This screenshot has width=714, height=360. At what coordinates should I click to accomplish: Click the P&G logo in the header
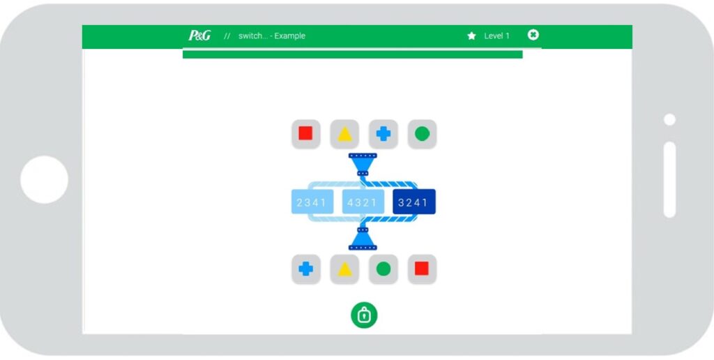point(199,36)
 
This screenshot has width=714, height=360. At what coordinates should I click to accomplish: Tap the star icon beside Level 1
point(471,36)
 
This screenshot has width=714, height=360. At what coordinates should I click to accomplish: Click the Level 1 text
point(496,36)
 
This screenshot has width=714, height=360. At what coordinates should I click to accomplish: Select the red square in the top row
point(305,133)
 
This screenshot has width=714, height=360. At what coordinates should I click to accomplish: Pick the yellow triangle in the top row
point(344,134)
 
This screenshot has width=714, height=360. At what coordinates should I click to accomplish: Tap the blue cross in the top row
point(383,134)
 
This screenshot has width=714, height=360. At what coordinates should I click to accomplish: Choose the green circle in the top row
point(422,134)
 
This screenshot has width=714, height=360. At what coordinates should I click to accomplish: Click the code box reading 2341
point(312,202)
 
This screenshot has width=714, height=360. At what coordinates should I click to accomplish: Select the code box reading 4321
point(363,202)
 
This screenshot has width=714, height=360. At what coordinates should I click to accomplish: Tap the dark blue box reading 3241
point(414,202)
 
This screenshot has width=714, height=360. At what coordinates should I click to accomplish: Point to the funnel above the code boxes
point(363,164)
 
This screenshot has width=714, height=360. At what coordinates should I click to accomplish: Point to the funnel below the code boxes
point(363,239)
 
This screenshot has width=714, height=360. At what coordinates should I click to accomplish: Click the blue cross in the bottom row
point(305,269)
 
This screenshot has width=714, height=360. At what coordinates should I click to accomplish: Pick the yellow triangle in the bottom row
point(344,269)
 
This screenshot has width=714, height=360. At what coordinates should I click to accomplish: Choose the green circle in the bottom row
point(383,269)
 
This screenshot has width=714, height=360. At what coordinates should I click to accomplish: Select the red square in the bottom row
point(422,269)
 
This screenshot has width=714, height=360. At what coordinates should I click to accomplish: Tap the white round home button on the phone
point(44,179)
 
